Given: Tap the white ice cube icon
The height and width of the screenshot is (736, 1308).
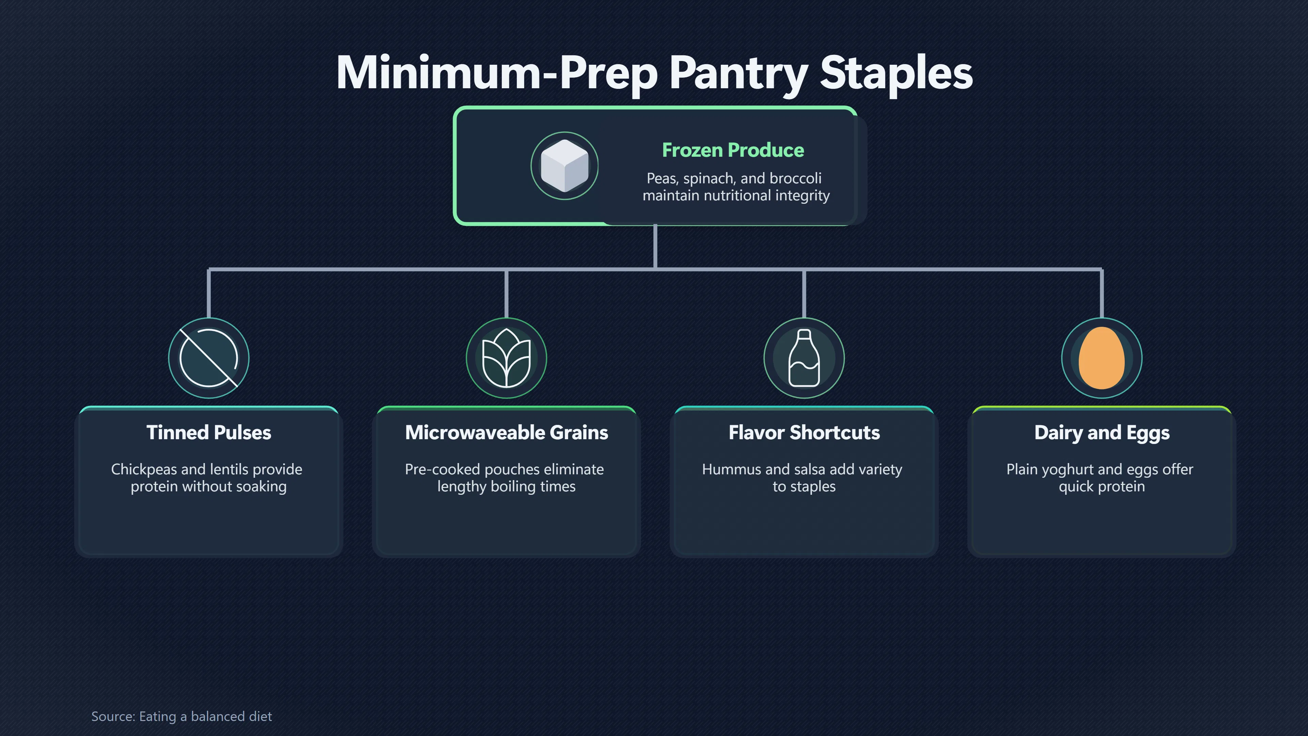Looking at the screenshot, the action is pos(565,166).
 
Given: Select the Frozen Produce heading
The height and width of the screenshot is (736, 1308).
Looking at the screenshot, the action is pos(733,150).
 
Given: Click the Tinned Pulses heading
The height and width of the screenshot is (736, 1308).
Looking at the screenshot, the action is pos(209,433).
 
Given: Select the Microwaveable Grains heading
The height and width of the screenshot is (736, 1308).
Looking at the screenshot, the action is pos(506,433).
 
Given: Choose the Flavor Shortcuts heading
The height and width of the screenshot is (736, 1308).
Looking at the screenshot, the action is pos(804,433).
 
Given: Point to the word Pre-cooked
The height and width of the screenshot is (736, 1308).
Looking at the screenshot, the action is pos(442,469).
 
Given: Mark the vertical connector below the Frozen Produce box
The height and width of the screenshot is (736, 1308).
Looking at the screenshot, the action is pos(655,246).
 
